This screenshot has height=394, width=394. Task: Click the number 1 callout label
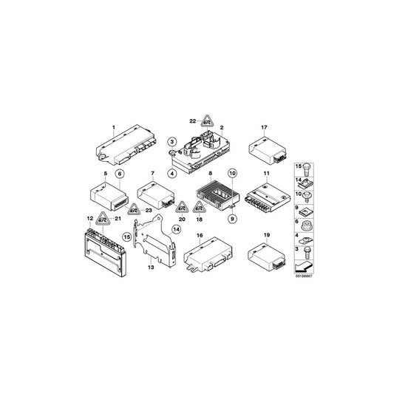pos(113,127)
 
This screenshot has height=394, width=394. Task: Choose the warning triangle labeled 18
pos(198,210)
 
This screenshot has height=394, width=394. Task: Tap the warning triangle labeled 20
pos(181,210)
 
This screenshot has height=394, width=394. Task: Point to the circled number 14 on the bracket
pos(177,230)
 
